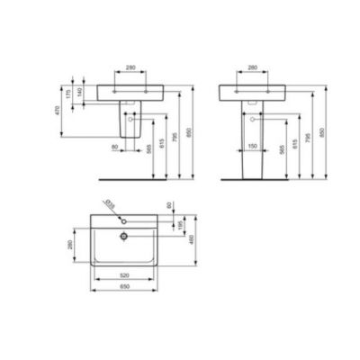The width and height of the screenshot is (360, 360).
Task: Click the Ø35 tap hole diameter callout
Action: pyautogui.click(x=109, y=202)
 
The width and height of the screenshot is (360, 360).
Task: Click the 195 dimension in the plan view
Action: pyautogui.click(x=178, y=222)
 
